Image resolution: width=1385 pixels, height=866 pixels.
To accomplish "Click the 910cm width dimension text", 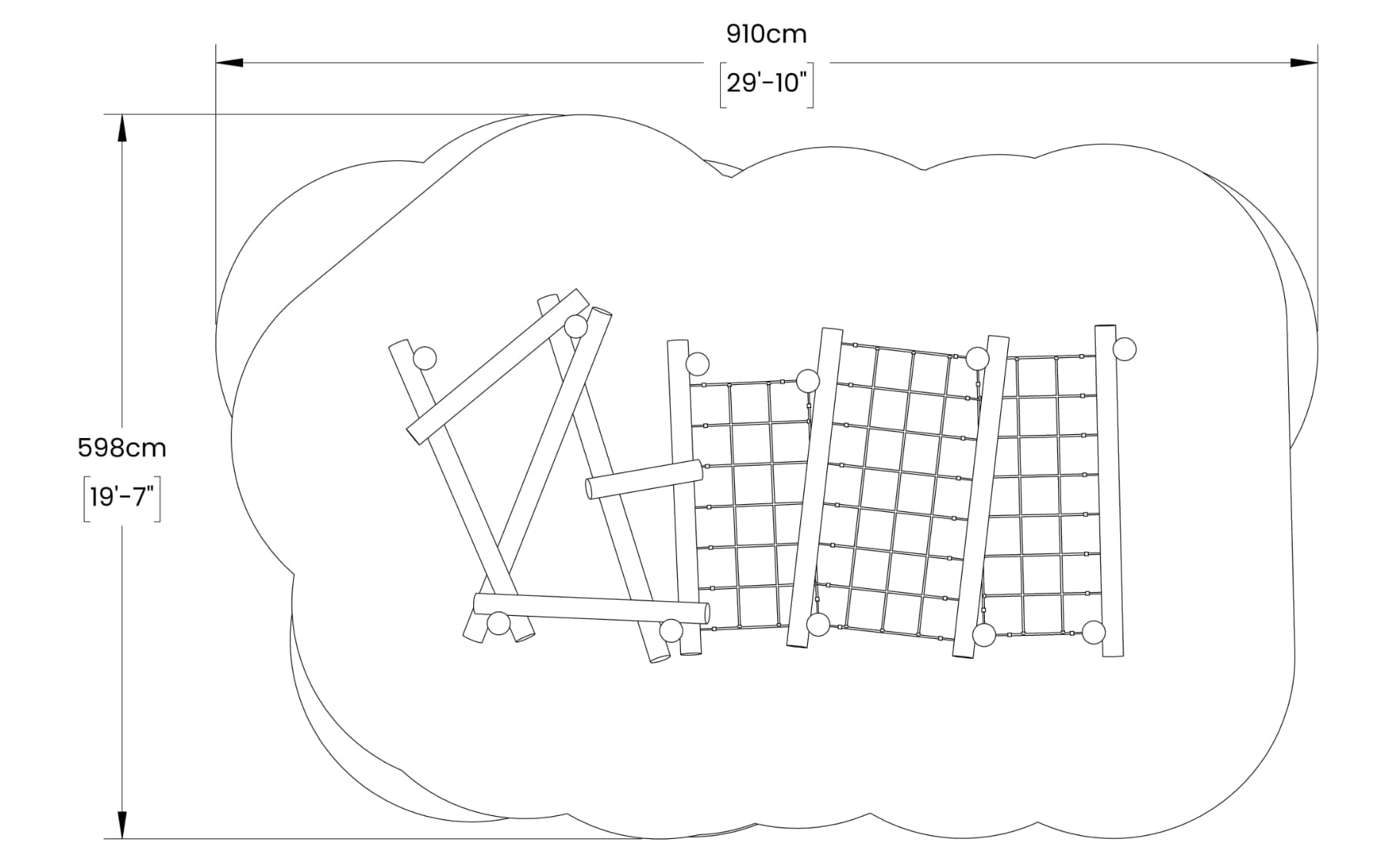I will click(766, 35).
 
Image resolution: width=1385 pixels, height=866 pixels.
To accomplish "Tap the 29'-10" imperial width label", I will click(766, 82).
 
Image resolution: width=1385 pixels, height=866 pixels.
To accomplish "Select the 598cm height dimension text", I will click(122, 448).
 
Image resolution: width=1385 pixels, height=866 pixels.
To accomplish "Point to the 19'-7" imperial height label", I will click(122, 497).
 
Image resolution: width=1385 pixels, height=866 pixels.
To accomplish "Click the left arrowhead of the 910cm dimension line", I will click(229, 62).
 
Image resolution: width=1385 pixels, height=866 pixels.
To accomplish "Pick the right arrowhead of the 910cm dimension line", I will click(1303, 62).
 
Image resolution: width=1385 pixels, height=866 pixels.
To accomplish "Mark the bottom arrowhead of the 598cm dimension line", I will click(122, 824).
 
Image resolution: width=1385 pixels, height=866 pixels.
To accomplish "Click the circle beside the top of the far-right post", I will click(1124, 349).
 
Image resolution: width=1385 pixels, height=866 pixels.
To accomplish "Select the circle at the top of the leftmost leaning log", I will click(425, 358).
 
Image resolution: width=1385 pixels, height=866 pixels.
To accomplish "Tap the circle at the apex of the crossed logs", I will click(576, 326).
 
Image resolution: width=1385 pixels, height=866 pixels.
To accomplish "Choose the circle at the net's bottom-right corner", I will click(1093, 633).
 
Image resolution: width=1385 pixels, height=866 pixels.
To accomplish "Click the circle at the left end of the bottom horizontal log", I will click(499, 623).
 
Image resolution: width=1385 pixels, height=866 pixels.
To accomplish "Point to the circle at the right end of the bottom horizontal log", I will click(671, 630).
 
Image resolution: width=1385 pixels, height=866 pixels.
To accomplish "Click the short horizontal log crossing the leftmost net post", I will click(645, 479).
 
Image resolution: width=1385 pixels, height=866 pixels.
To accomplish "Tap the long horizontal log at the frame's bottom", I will click(591, 608).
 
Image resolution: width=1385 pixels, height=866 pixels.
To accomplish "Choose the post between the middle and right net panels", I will click(980, 497).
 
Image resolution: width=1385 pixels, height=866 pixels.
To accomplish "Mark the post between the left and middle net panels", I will click(814, 488).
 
